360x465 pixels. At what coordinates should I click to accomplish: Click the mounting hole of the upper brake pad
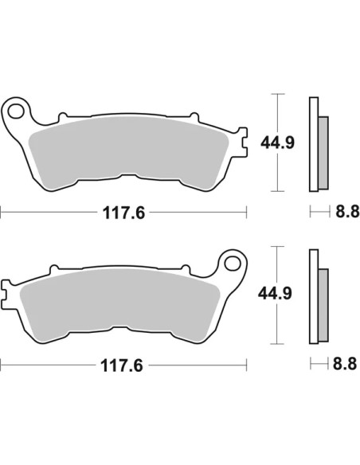pyautogui.click(x=16, y=111)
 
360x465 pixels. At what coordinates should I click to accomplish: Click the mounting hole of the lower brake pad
pyautogui.click(x=233, y=264)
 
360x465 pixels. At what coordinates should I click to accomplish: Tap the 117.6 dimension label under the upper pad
pyautogui.click(x=123, y=213)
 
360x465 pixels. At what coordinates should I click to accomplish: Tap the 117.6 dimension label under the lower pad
pyautogui.click(x=122, y=365)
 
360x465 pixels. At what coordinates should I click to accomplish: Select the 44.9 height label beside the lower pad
pyautogui.click(x=275, y=293)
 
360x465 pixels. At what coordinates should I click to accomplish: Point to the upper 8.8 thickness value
pyautogui.click(x=347, y=212)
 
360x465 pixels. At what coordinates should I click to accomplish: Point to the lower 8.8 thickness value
pyautogui.click(x=345, y=364)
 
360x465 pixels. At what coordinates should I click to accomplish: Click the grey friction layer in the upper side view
pyautogui.click(x=323, y=153)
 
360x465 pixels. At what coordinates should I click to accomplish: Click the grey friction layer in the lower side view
pyautogui.click(x=323, y=305)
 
